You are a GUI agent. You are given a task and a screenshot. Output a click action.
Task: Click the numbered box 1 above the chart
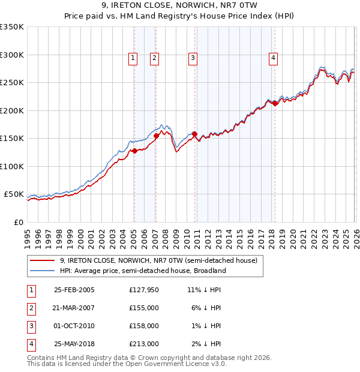point(133,58)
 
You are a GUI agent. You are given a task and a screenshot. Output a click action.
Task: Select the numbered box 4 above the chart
point(273,58)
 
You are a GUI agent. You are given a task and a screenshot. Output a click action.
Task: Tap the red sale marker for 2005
point(134,151)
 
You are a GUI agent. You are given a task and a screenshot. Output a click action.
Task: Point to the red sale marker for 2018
point(275,103)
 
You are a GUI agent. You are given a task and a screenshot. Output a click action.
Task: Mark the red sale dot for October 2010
point(194,134)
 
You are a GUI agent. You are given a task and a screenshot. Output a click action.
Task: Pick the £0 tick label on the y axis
point(19,222)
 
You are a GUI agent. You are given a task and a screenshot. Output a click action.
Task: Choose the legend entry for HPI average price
point(143,271)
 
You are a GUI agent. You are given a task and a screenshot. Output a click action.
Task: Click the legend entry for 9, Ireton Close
point(158,260)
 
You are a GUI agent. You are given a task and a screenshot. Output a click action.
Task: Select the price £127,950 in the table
point(143,289)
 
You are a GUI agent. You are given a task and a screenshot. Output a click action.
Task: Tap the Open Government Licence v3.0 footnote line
point(127,364)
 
